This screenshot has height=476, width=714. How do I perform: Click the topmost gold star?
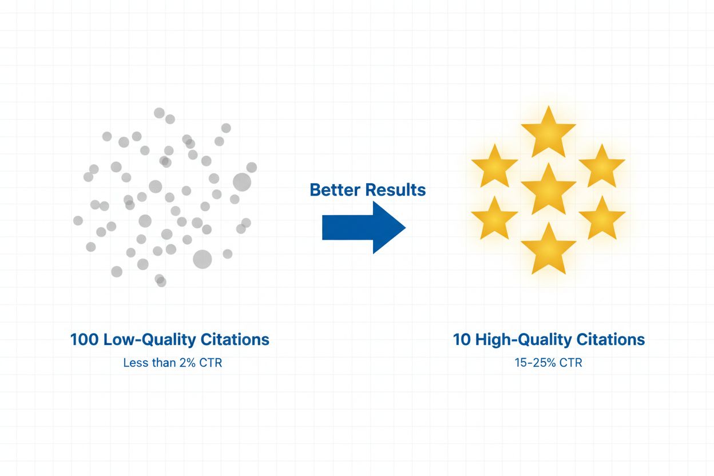tap(548, 133)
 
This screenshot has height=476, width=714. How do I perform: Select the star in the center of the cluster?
tap(548, 189)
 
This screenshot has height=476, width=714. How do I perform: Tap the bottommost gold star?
tap(548, 249)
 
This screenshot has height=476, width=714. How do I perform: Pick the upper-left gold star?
tap(494, 166)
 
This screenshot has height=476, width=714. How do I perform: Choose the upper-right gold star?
tap(601, 166)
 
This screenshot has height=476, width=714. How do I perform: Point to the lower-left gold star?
tap(494, 218)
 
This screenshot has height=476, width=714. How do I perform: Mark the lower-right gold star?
tap(601, 218)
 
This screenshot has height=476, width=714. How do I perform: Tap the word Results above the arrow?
tap(396, 190)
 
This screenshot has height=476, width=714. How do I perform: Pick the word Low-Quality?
tap(150, 339)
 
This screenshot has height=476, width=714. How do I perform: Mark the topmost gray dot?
tap(159, 113)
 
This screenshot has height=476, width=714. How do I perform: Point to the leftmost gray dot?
tap(78, 220)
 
